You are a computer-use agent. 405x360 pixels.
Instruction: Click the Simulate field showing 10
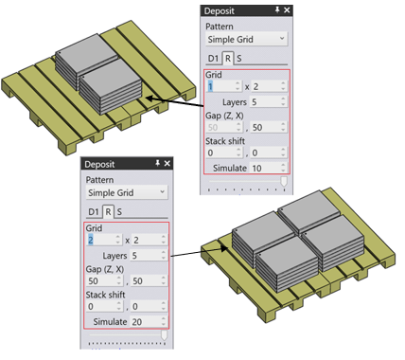(x=269, y=168)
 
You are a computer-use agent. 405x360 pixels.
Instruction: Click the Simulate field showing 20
(x=149, y=321)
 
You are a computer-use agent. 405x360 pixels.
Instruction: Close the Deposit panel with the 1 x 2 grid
(x=287, y=10)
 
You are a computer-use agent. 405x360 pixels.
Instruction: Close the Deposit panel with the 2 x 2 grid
(x=167, y=163)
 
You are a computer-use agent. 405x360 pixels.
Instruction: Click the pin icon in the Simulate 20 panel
(x=157, y=163)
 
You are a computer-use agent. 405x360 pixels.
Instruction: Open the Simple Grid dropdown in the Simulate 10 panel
(x=246, y=39)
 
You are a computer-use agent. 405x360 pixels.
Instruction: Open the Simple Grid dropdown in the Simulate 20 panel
(x=127, y=192)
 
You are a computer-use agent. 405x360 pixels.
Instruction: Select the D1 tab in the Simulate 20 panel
(x=94, y=211)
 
